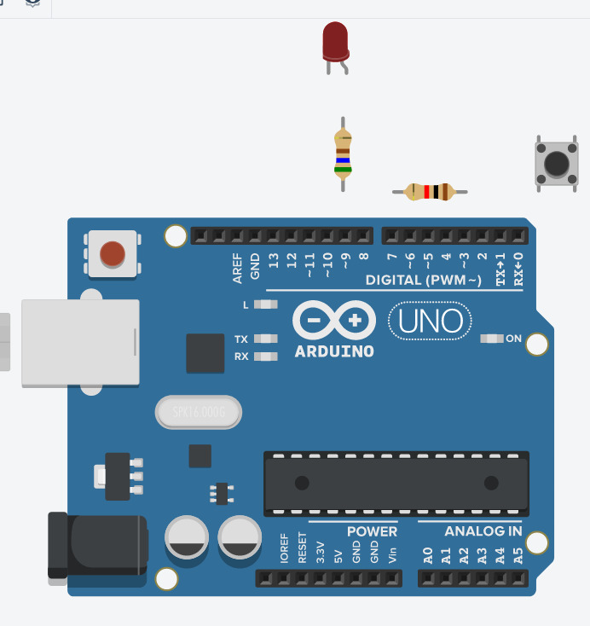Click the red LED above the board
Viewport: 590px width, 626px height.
(x=335, y=40)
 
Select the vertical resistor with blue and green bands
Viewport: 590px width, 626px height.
(x=343, y=153)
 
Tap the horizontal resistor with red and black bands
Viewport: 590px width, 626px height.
(x=430, y=192)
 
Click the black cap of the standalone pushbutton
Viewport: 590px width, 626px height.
(x=557, y=162)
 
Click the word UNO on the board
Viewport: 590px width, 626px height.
(x=431, y=321)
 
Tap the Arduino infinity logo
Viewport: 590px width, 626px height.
(x=334, y=321)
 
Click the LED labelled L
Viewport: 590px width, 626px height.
(x=267, y=304)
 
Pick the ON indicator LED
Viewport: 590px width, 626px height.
(x=492, y=339)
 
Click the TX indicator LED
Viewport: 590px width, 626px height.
(x=267, y=339)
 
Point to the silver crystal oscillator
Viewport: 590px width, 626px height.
(x=199, y=414)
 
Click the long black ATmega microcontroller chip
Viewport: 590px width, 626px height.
(x=396, y=483)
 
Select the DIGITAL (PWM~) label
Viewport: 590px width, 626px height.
(x=424, y=281)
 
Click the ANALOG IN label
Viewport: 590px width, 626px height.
(x=483, y=531)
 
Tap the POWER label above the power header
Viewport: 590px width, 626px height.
(x=372, y=531)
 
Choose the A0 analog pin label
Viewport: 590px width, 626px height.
(x=427, y=557)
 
